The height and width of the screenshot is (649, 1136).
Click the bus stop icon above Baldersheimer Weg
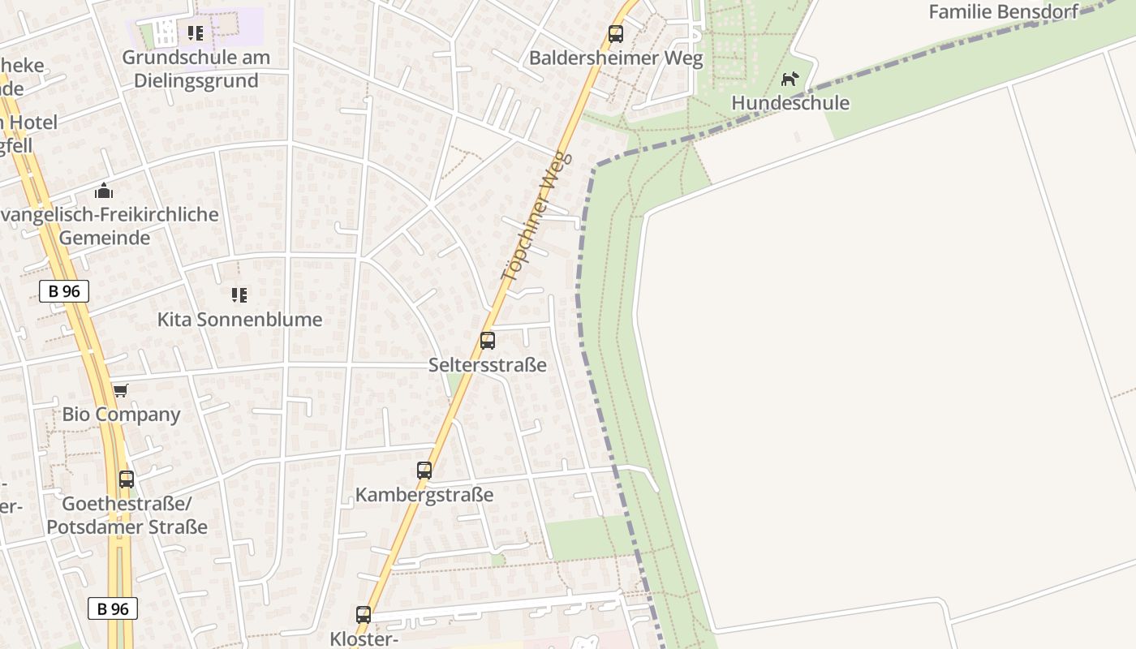(x=616, y=34)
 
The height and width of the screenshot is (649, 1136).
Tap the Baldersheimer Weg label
(x=616, y=58)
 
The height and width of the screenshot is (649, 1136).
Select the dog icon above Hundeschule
(x=790, y=79)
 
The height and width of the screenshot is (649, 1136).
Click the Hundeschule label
(x=790, y=103)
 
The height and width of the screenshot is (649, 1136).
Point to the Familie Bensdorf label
(x=1003, y=11)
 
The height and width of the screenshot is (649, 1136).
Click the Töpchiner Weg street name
(x=536, y=217)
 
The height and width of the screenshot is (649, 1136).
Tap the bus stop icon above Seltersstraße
(x=488, y=341)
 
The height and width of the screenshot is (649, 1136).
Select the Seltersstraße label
(x=488, y=365)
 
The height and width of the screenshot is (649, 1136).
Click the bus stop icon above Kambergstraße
(x=424, y=471)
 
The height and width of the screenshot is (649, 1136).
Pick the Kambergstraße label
(x=424, y=495)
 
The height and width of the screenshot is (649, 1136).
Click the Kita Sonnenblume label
(x=240, y=320)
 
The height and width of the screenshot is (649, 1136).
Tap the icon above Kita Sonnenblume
(x=239, y=294)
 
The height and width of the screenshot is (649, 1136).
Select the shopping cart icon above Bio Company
(x=121, y=391)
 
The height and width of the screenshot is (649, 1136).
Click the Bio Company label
(x=122, y=415)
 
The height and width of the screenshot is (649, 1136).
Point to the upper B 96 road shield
(x=64, y=291)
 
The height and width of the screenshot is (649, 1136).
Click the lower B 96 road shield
(x=113, y=608)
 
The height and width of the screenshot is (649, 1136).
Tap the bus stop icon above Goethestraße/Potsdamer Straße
(x=127, y=479)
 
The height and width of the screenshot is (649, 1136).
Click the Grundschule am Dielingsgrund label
(x=196, y=69)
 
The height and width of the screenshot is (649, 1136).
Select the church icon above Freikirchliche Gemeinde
(x=104, y=191)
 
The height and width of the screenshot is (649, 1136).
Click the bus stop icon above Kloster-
(x=364, y=615)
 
